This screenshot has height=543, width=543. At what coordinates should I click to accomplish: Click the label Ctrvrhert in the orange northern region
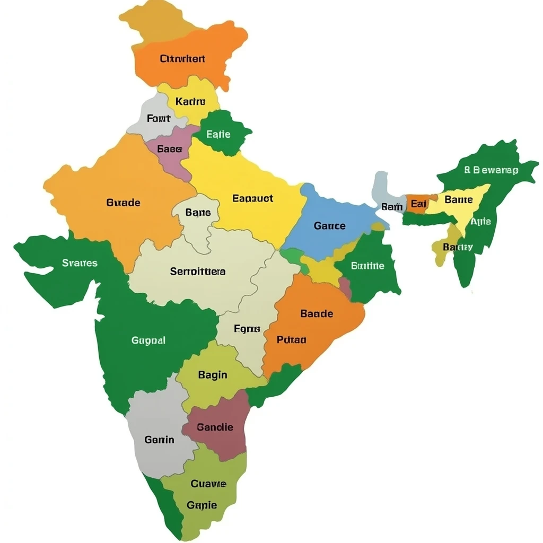[182, 59]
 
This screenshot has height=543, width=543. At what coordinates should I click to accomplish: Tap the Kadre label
[190, 101]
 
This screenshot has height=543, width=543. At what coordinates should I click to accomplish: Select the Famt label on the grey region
[159, 118]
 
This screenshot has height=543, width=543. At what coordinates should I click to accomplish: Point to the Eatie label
[218, 134]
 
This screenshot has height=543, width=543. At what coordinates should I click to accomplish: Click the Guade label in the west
[124, 203]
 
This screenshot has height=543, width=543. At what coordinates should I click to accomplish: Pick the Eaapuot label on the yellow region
[253, 198]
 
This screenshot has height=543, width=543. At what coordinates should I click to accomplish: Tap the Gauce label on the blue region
[329, 226]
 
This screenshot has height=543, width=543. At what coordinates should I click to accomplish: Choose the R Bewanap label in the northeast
[491, 170]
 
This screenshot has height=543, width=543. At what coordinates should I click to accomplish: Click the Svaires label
[80, 262]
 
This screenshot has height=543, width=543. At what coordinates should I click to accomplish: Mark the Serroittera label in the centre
[198, 271]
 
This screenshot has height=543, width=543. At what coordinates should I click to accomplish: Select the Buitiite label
[367, 266]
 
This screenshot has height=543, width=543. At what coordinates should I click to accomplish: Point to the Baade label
[317, 313]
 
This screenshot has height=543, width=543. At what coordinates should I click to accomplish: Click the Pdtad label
[292, 340]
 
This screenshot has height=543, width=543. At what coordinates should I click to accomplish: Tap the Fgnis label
[247, 329]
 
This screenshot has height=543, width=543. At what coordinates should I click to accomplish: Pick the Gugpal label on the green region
[148, 340]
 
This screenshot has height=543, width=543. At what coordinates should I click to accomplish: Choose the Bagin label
[213, 375]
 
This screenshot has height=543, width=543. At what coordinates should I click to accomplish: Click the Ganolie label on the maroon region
[215, 427]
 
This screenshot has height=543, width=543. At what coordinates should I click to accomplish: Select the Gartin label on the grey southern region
[159, 440]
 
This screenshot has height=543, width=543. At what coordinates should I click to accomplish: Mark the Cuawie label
[208, 484]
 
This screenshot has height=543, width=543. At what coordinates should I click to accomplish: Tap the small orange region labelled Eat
[418, 204]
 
